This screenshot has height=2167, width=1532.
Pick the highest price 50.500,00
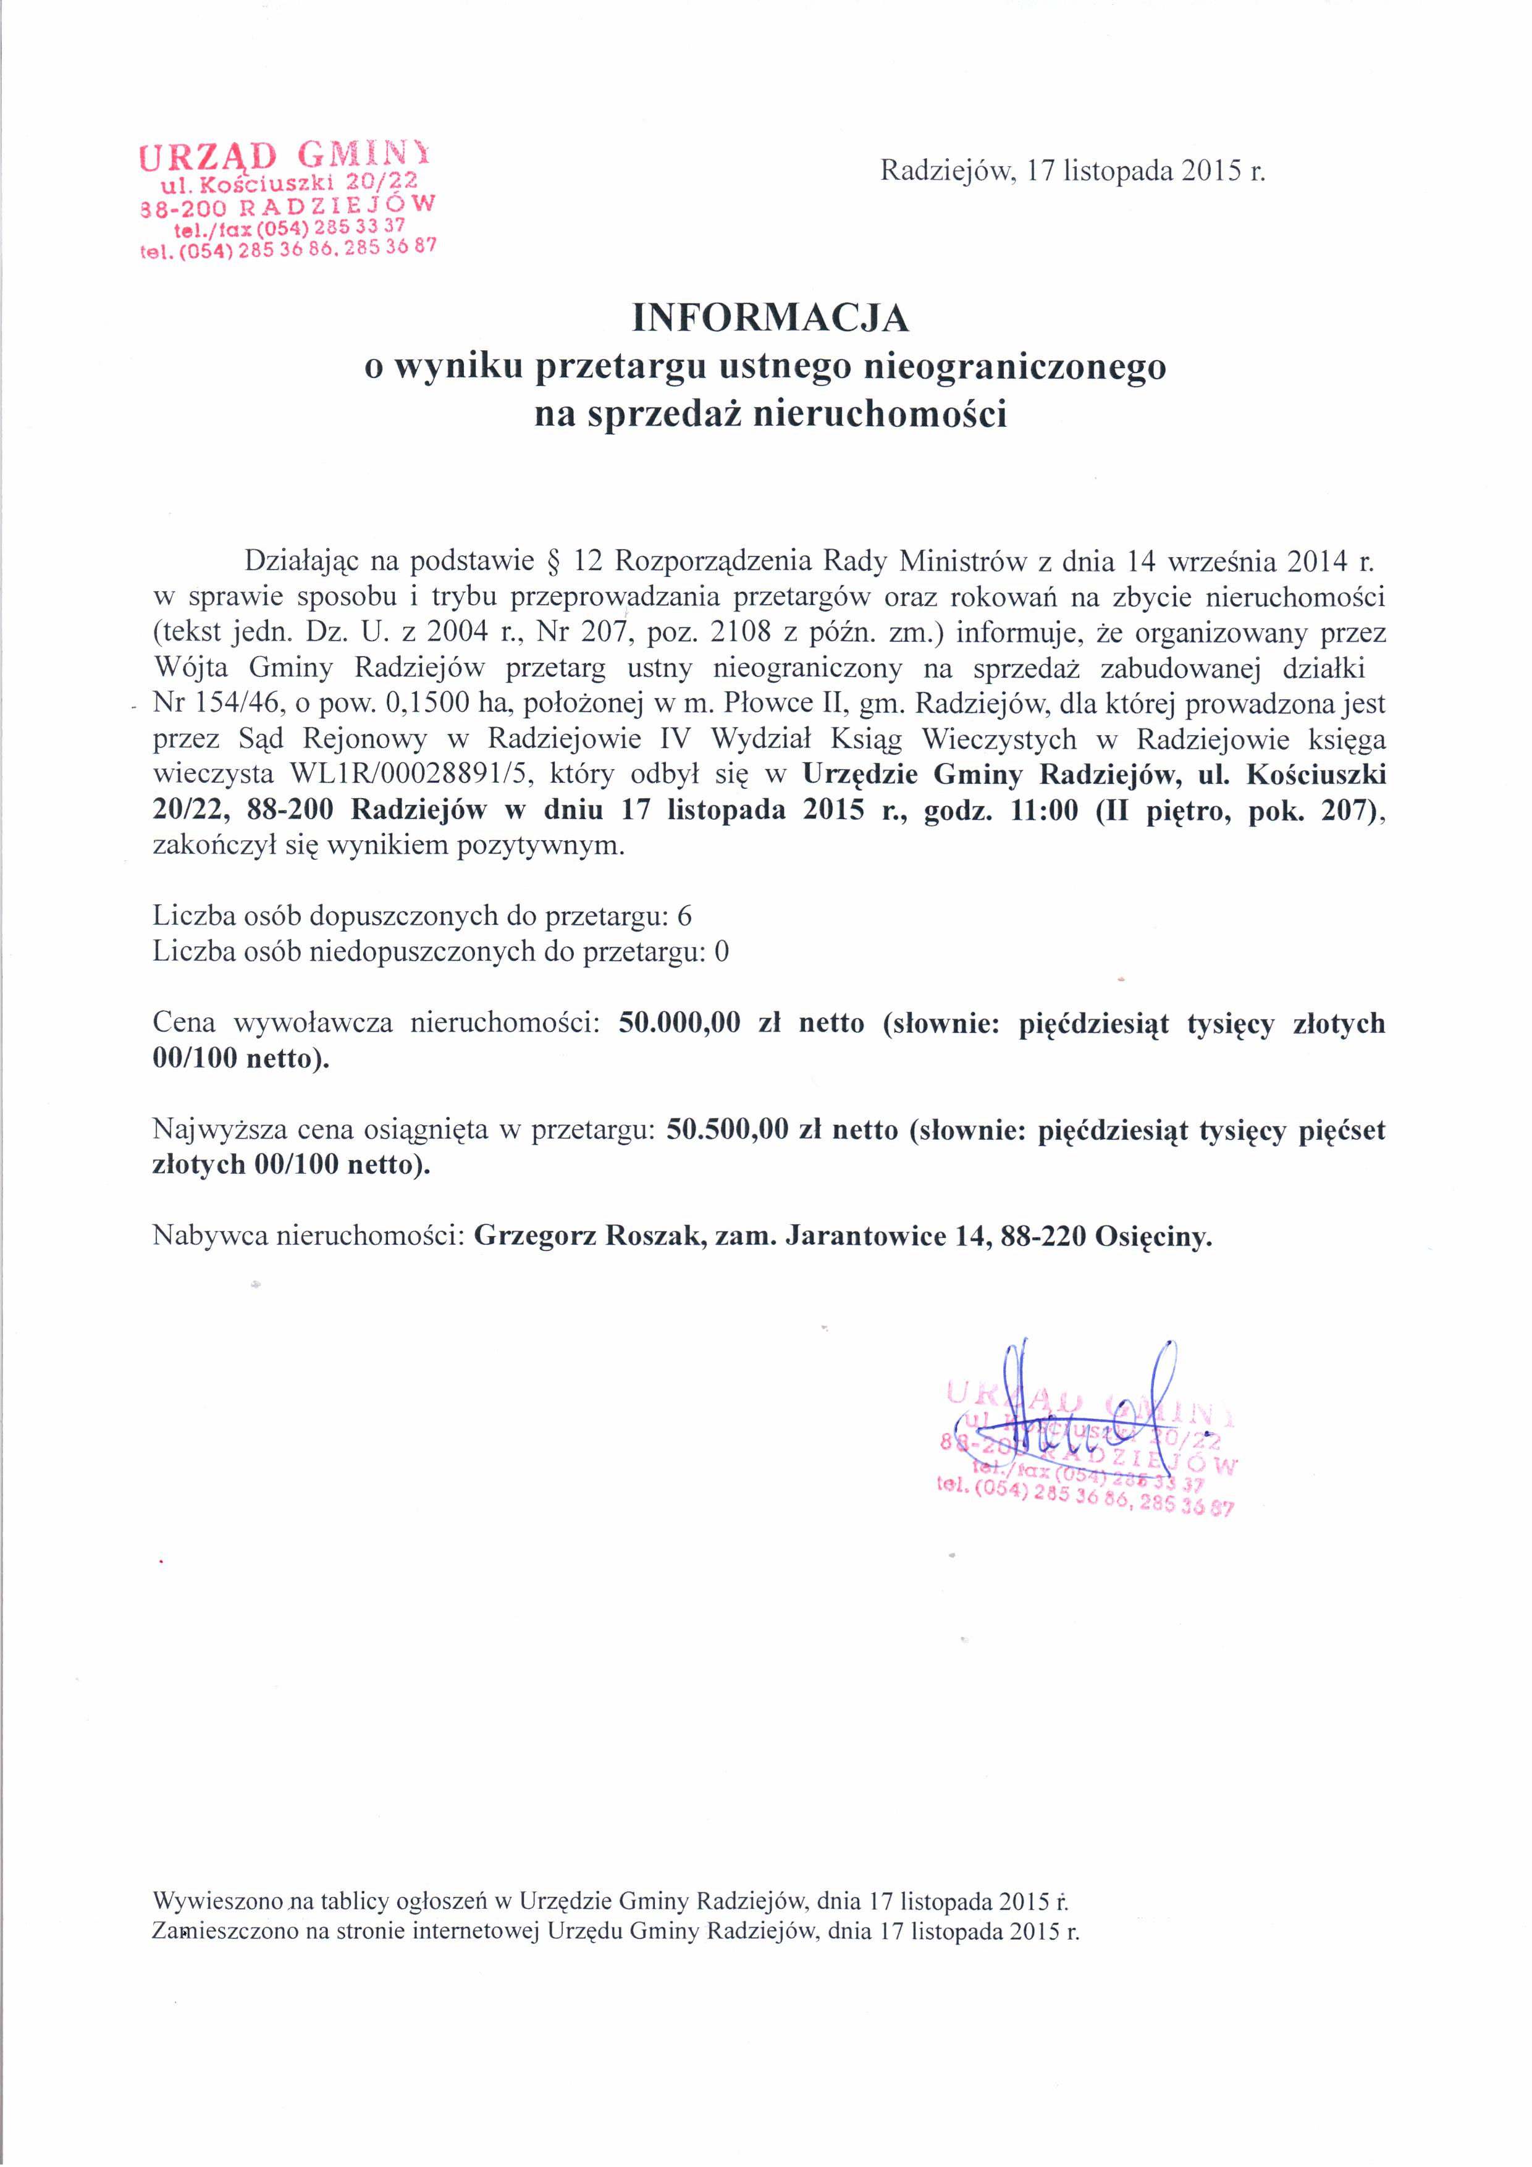pyautogui.click(x=727, y=1130)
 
